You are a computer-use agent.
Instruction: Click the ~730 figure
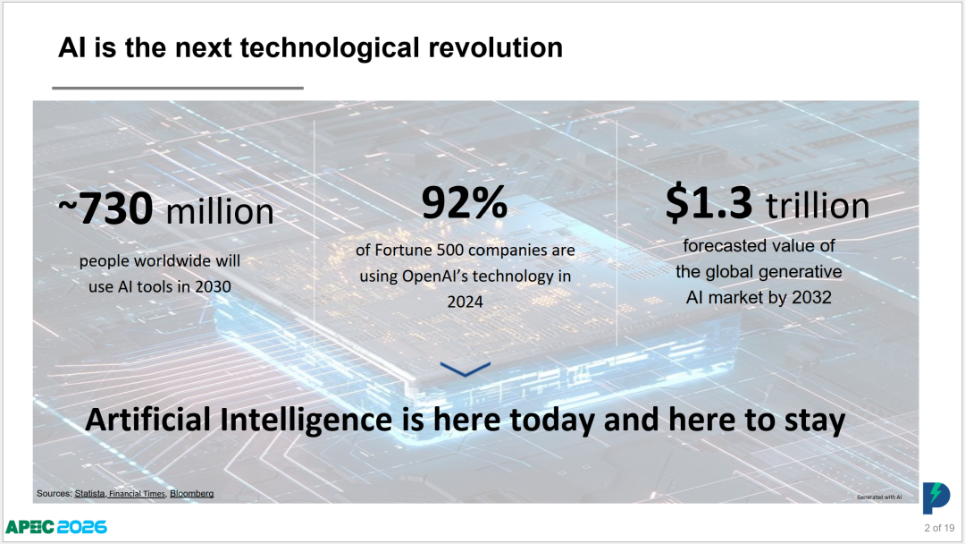(105, 208)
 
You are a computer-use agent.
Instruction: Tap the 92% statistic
(465, 203)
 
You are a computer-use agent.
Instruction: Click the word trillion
(818, 206)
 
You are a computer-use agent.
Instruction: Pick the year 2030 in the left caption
(213, 286)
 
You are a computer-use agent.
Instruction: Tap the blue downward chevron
(466, 370)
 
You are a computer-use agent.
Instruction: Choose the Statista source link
(89, 494)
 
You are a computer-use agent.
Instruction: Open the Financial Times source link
(137, 494)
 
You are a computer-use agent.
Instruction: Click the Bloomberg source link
(191, 494)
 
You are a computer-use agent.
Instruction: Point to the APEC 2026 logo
(56, 527)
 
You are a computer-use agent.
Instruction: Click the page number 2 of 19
(939, 528)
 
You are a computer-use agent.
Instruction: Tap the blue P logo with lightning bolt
(936, 497)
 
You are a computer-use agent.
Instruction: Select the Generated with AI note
(879, 497)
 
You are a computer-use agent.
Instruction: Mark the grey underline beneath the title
(178, 88)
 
